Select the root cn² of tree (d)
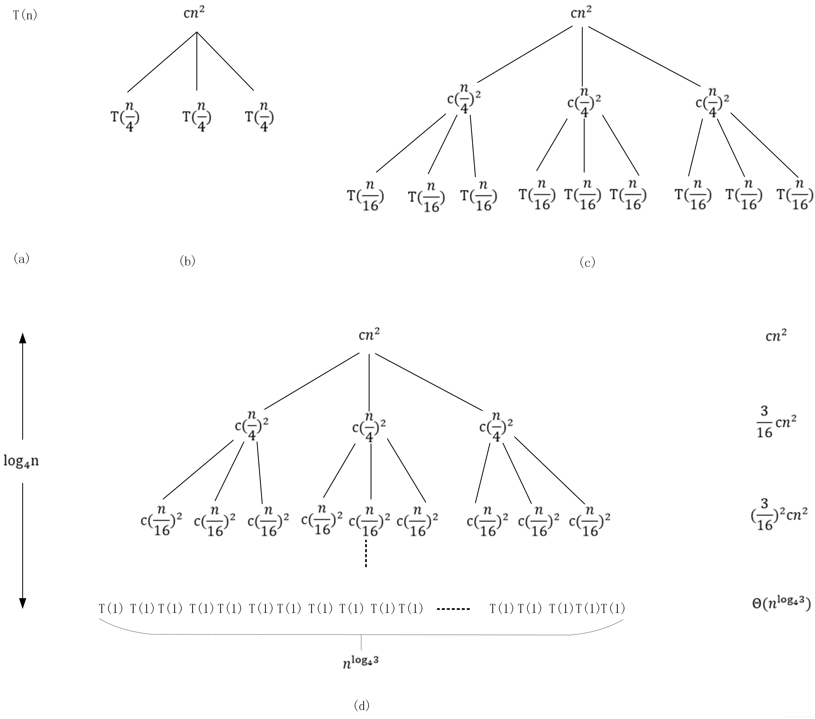pyautogui.click(x=369, y=335)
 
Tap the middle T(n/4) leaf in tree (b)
pyautogui.click(x=197, y=117)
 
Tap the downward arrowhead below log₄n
pyautogui.click(x=23, y=603)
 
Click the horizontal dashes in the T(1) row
pyautogui.click(x=453, y=609)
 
